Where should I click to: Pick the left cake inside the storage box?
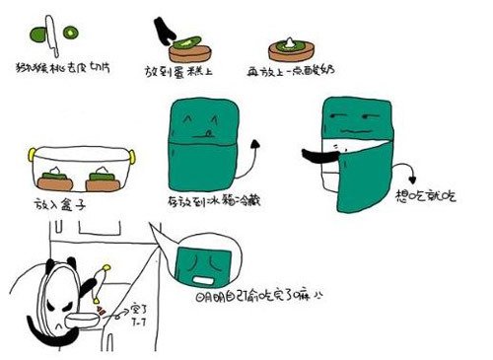[x=54, y=180]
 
